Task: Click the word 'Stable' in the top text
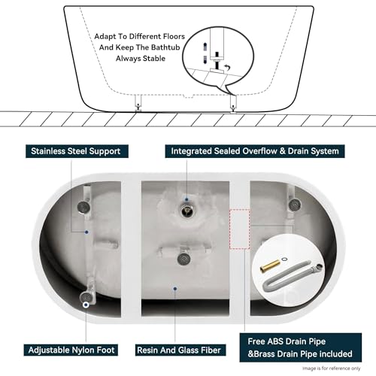tap(156, 74)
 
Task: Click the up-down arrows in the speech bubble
tap(204, 50)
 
